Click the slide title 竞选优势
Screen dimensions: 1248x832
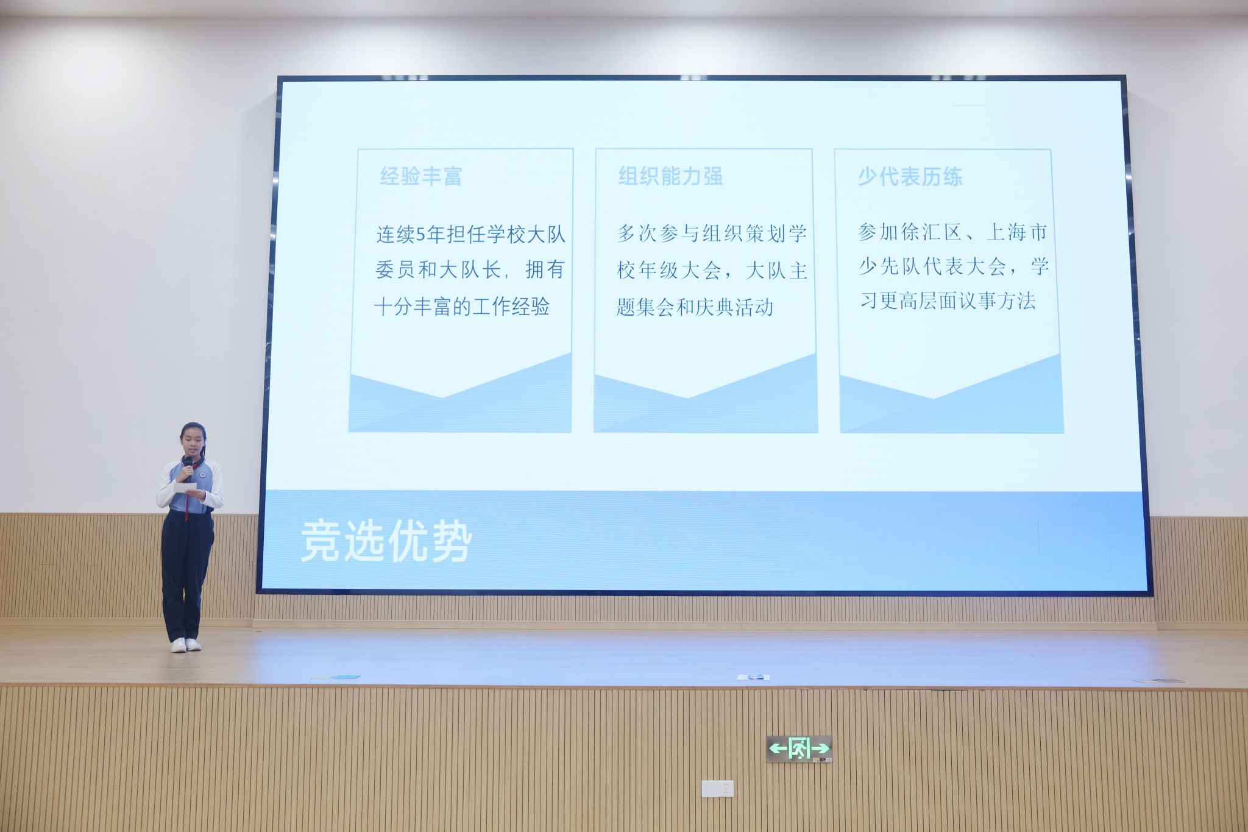386,541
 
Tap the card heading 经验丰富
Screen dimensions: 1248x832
421,176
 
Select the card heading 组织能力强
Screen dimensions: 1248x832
670,176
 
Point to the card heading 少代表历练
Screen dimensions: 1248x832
910,177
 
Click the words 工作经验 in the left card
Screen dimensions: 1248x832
511,306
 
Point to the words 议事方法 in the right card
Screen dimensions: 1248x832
997,300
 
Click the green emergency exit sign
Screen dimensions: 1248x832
799,748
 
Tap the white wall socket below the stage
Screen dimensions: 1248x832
717,789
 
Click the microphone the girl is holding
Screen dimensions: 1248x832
189,467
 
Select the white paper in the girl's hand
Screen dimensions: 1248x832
185,487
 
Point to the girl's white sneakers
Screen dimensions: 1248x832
186,645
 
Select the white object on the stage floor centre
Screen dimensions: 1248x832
753,677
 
